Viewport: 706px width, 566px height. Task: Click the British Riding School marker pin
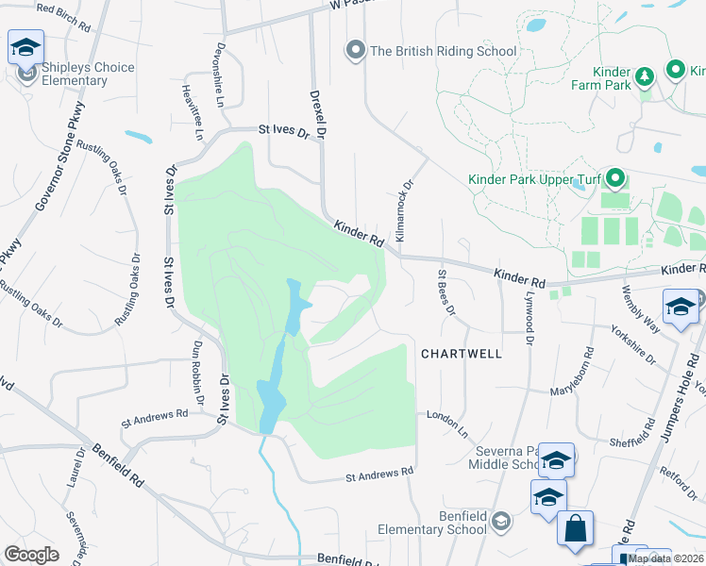pos(355,50)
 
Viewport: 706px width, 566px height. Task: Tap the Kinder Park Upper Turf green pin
pos(615,177)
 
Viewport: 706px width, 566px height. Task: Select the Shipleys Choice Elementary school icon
pos(26,47)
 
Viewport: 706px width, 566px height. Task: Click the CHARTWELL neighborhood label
pos(461,354)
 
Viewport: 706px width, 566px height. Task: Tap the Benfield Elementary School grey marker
pos(501,522)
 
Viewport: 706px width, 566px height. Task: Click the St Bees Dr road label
pos(447,291)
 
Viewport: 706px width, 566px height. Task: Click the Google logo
pos(31,555)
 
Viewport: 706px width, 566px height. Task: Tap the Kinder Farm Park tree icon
pos(646,75)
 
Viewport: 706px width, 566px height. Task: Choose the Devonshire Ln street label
pos(223,74)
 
